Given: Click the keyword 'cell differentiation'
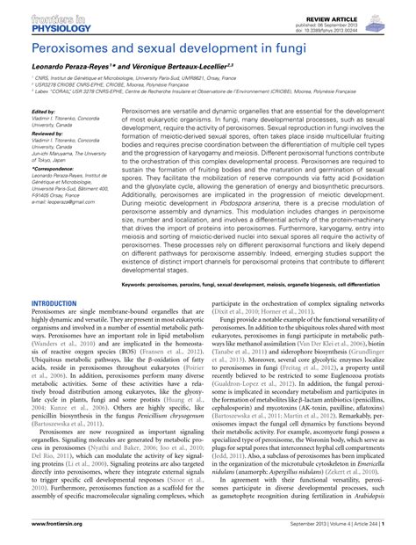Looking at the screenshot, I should (378, 286).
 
